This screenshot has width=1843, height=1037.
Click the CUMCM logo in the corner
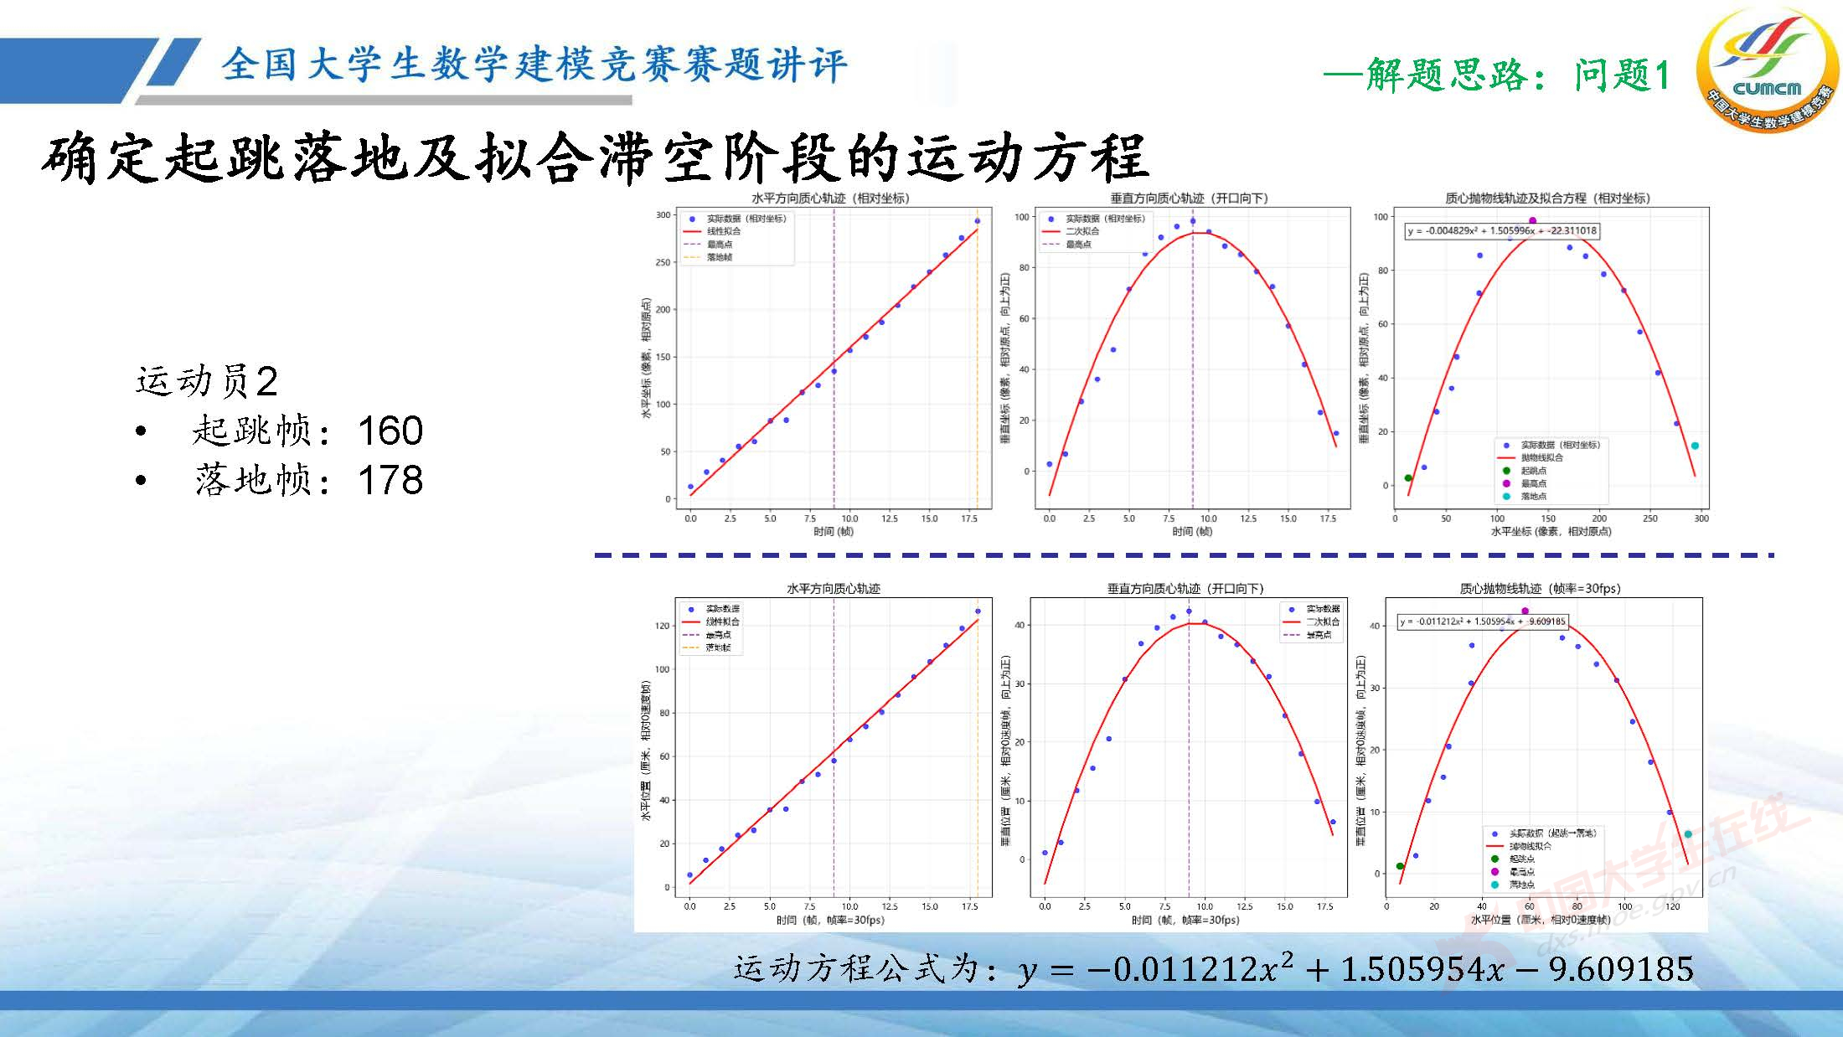pos(1766,69)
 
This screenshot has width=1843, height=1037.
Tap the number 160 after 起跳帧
pos(390,431)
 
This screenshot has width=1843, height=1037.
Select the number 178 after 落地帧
pos(390,480)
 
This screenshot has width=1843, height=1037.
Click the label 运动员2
pos(207,381)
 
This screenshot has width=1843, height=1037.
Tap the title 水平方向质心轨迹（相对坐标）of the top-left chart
pos(830,199)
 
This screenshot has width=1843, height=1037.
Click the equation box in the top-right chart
pos(1502,230)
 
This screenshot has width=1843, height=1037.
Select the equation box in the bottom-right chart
pos(1482,622)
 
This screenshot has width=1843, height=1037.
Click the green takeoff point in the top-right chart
pos(1408,478)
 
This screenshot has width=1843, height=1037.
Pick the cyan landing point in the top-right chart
pos(1695,446)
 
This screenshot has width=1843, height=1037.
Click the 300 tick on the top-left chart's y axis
pos(663,215)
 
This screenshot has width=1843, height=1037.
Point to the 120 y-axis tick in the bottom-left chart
pos(663,626)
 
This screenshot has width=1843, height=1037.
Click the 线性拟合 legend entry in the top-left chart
pos(723,231)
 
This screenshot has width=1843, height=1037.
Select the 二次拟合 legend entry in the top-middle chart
pos(1082,231)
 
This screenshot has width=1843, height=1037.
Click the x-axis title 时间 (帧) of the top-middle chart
pos(1192,531)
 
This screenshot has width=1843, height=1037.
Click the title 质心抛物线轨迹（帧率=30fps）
pos(1540,589)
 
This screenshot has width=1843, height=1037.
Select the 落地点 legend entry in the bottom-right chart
pos(1521,885)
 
